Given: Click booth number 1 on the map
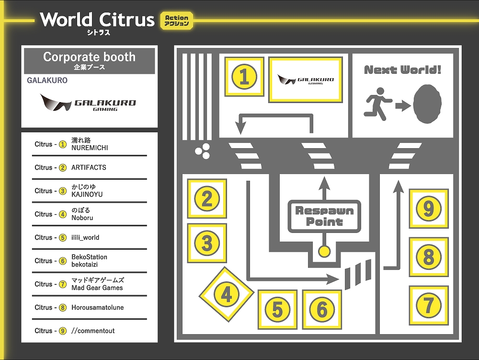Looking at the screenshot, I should tap(244, 77).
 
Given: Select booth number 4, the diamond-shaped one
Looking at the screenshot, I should tap(226, 294).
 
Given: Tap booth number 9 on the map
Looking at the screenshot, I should tap(429, 209).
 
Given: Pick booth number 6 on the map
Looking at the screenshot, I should tap(322, 310).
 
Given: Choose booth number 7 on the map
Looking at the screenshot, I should tap(429, 305).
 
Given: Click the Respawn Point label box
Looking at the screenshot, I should tap(324, 216).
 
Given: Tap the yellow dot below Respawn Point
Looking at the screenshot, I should tap(324, 251).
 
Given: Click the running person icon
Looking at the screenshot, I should tap(378, 102).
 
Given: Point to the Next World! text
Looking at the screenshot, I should tap(402, 70).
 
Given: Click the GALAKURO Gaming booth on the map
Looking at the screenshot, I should tap(306, 80).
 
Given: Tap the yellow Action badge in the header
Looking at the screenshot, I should tap(177, 20).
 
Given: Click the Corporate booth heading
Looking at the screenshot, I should tap(90, 60).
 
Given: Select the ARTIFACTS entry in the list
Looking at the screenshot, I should tap(89, 167).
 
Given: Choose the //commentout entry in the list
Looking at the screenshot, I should tap(93, 331).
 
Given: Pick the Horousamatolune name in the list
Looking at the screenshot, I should tap(97, 307).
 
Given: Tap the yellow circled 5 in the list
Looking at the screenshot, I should tap(62, 238).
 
